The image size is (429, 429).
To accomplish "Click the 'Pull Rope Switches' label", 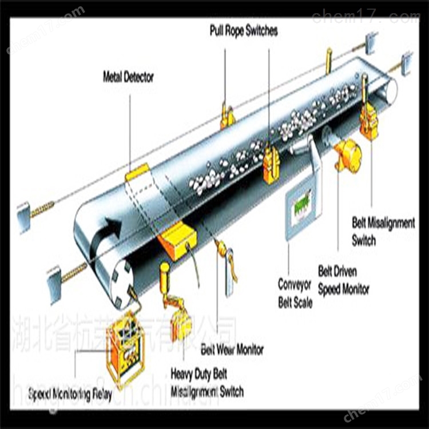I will [x=243, y=31].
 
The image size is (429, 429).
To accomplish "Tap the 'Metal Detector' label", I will [x=128, y=76].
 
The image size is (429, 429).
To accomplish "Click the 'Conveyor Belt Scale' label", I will [x=295, y=293].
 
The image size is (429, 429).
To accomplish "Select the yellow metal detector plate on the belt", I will [x=137, y=171].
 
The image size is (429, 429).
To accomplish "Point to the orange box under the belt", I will [x=177, y=239].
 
